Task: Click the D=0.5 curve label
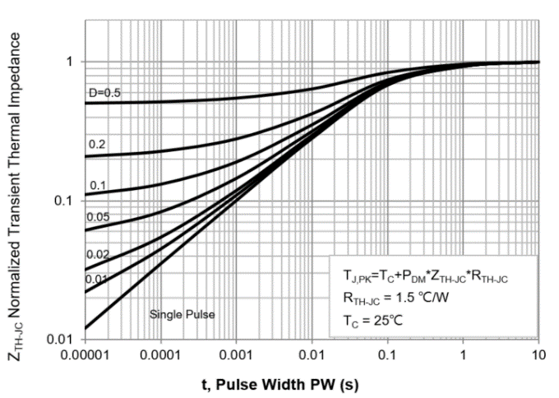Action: pyautogui.click(x=104, y=92)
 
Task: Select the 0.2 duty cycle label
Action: pyautogui.click(x=97, y=144)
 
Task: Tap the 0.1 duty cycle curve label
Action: pyautogui.click(x=97, y=185)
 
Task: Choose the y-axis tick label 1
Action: pyautogui.click(x=71, y=62)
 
